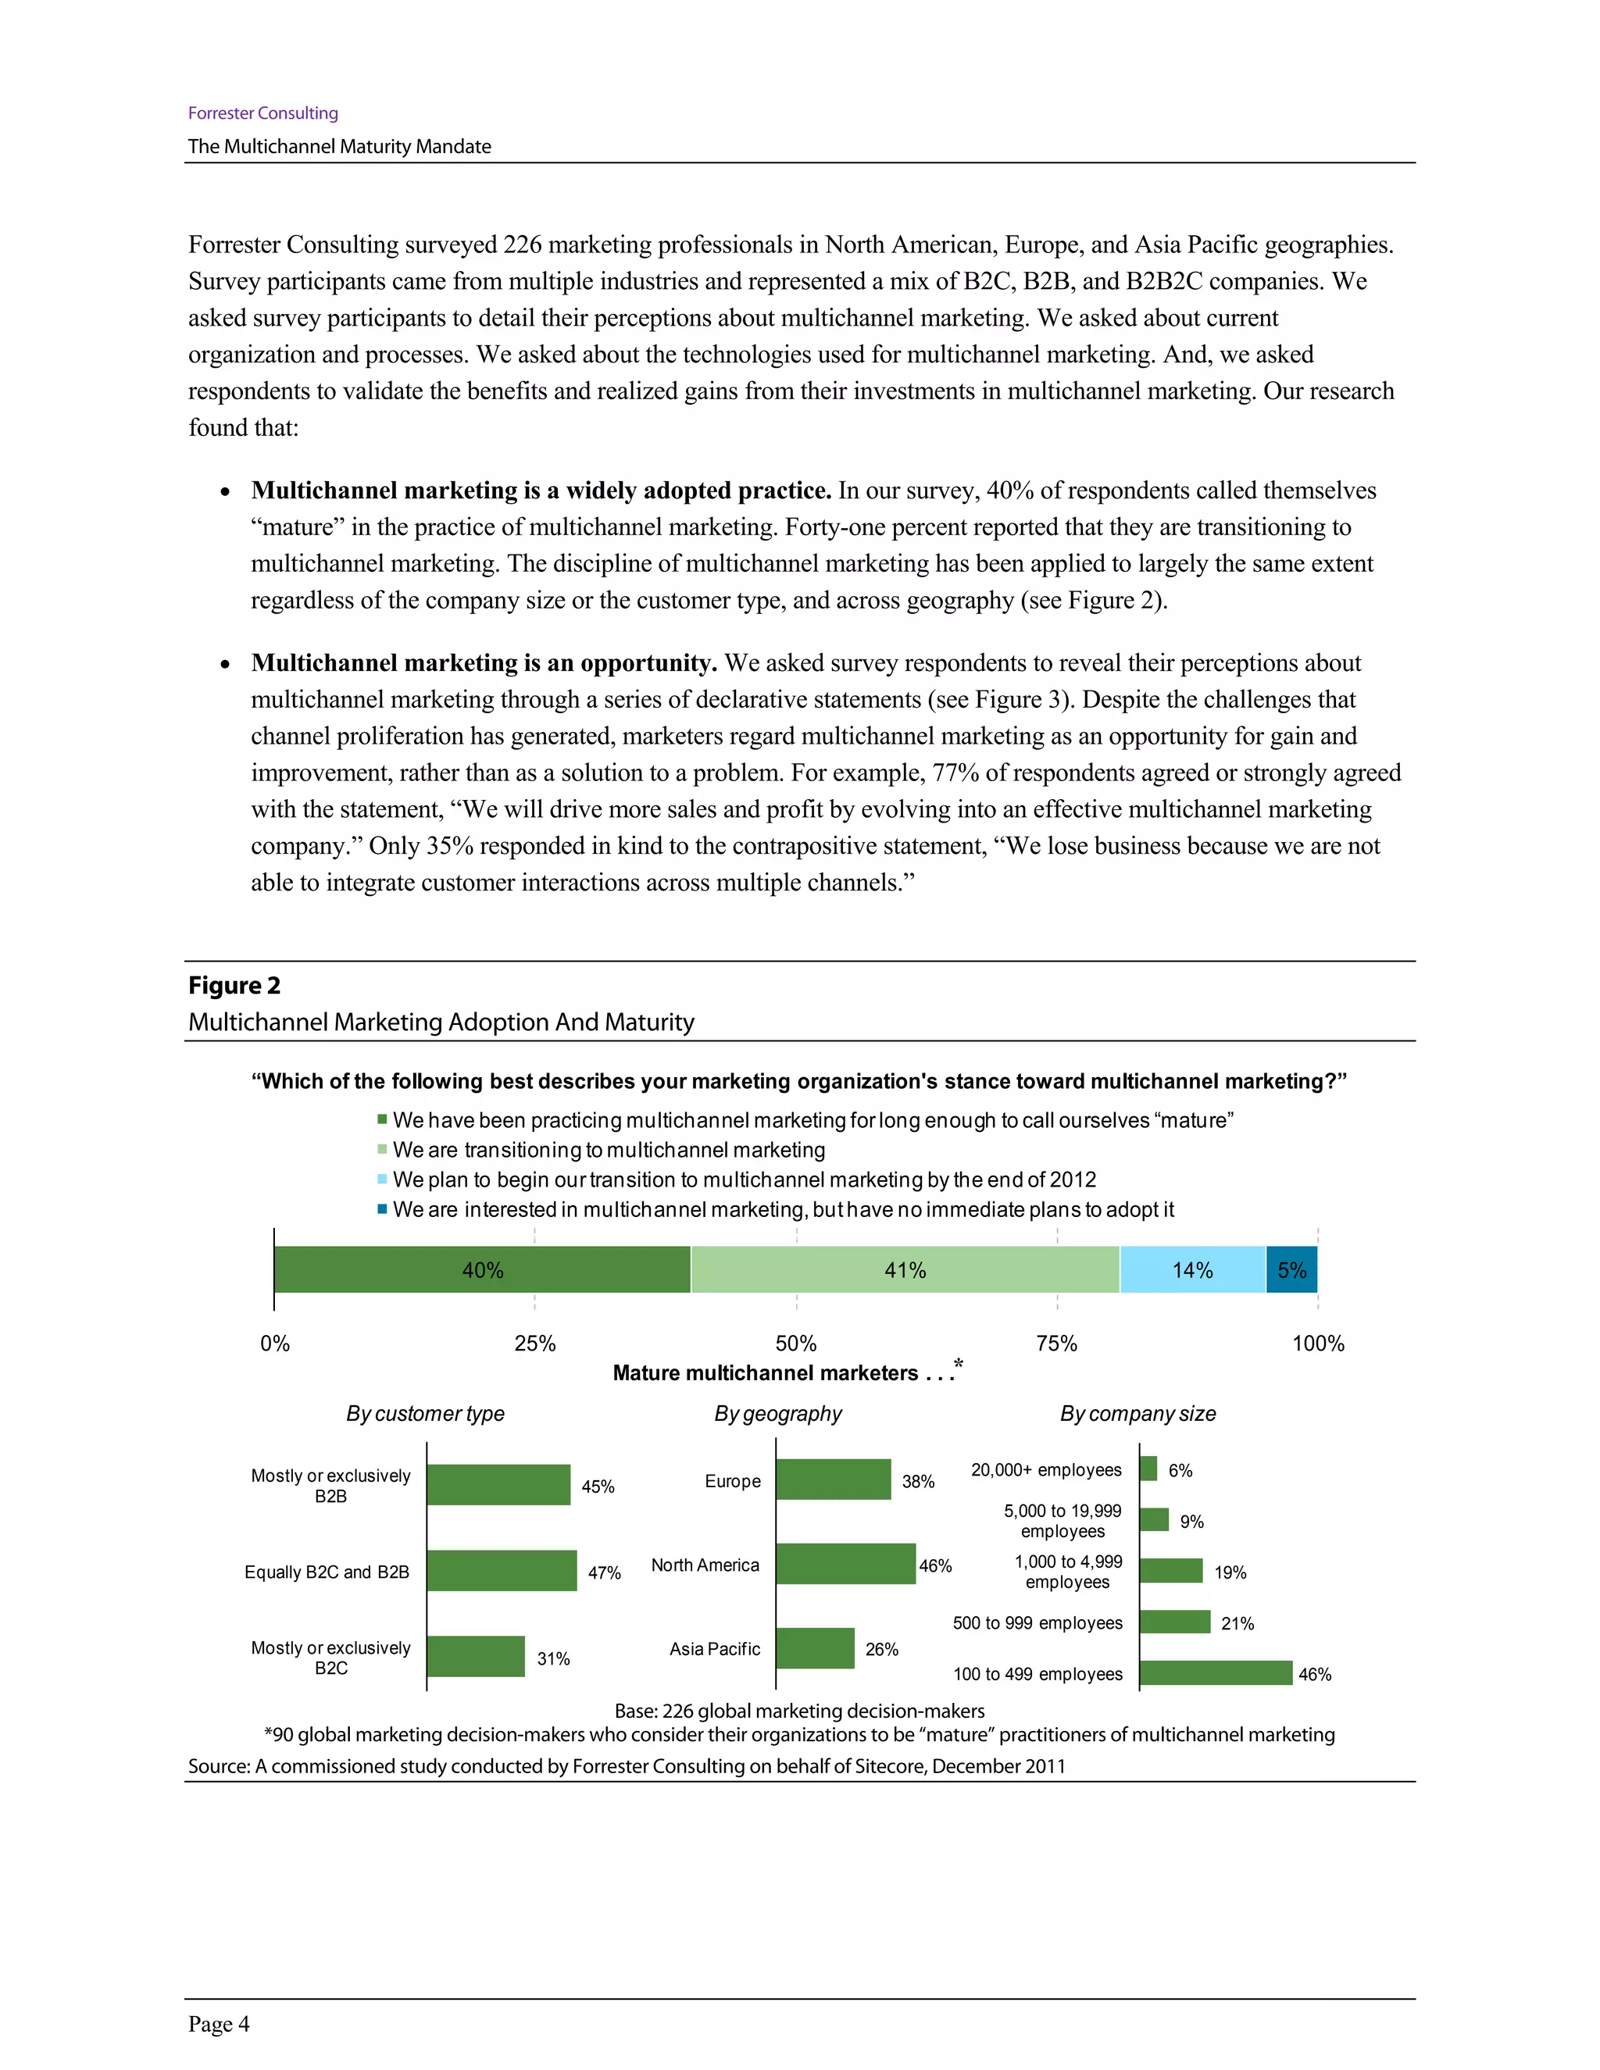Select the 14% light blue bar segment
point(1191,1269)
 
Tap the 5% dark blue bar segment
point(1291,1269)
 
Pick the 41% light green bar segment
point(904,1269)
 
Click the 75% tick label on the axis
point(1056,1343)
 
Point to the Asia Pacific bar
point(814,1648)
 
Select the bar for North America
point(845,1564)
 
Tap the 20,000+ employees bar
point(1148,1469)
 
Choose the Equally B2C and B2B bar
point(502,1571)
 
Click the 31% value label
point(554,1658)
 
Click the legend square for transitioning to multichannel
point(382,1150)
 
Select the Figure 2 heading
point(234,986)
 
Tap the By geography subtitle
point(777,1413)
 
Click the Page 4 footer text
point(219,2024)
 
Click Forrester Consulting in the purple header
point(262,112)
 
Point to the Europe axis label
point(732,1480)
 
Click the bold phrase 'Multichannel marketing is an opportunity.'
point(484,662)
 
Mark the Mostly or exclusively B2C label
point(330,1658)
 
